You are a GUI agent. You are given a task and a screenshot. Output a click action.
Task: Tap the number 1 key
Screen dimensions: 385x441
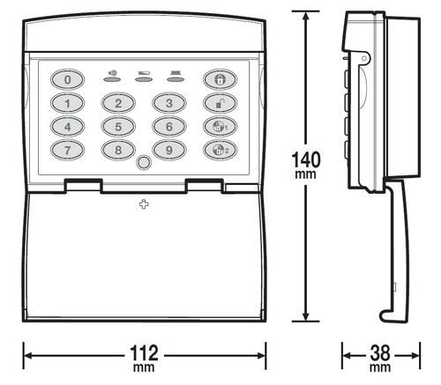point(68,103)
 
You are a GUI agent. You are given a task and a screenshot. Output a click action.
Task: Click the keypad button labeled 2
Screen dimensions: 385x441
point(118,103)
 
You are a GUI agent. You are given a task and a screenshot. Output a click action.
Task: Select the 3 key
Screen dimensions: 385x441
point(168,103)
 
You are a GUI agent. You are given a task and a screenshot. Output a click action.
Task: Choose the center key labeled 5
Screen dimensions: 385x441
point(118,126)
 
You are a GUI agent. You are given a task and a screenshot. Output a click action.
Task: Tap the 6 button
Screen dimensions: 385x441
point(168,126)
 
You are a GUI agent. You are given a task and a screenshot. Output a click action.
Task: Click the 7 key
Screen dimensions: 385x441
point(68,149)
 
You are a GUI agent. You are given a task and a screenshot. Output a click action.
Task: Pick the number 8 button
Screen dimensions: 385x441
point(118,149)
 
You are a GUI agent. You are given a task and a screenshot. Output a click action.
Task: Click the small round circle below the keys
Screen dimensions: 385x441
point(144,162)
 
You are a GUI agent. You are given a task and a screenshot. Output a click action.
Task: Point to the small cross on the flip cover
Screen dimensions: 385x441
point(144,204)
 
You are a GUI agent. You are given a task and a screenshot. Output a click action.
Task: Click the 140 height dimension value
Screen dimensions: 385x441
point(305,163)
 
